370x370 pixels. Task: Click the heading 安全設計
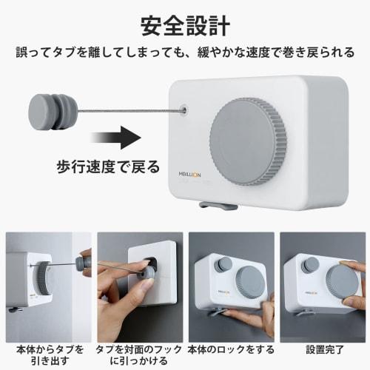(184, 24)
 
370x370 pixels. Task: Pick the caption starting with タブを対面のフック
(138, 354)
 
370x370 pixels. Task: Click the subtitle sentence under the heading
(184, 54)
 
